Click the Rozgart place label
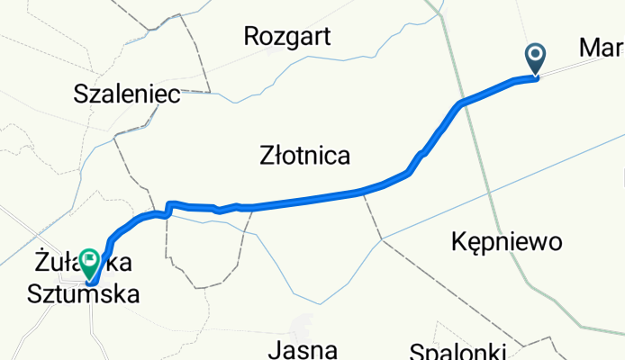click(288, 37)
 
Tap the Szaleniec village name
click(127, 93)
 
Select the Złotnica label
click(304, 157)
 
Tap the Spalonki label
click(458, 351)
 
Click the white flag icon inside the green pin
click(91, 260)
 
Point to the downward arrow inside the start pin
click(536, 57)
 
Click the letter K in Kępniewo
click(457, 241)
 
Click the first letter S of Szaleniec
click(81, 93)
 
